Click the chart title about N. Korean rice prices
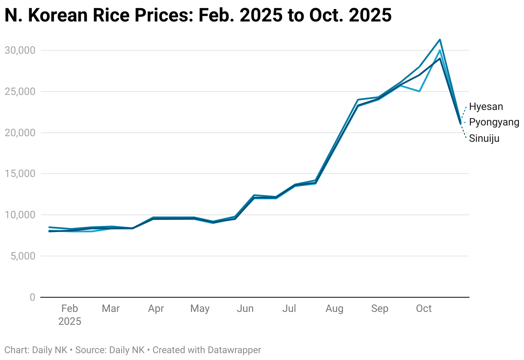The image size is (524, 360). pos(198,15)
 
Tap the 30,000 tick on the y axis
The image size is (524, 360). pos(20,50)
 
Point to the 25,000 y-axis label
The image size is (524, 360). pos(20,92)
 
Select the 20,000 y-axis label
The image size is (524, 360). pos(20,133)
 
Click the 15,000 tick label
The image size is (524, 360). pos(20,174)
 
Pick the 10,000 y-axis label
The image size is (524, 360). pos(20,215)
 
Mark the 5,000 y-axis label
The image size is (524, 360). pos(22,256)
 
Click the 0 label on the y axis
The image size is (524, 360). pos(32,297)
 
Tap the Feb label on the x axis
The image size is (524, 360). pos(70,308)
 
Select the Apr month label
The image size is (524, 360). pos(156,308)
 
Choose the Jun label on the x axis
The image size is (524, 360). pos(245,308)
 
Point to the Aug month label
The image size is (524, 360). pos(334,308)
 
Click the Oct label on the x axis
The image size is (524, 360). pos(424,308)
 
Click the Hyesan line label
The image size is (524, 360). pos(486,107)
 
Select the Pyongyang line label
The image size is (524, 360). pos(494,122)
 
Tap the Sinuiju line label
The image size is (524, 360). pos(484,138)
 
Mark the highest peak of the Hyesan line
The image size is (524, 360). pos(440,40)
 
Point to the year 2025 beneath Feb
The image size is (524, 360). pos(70,321)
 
